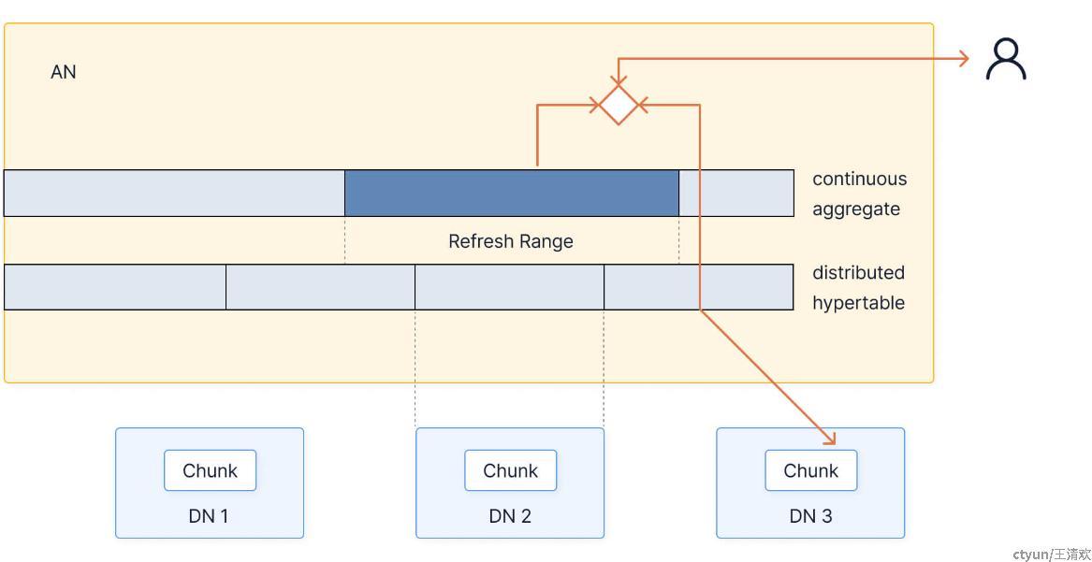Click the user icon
point(1006,60)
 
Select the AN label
point(64,72)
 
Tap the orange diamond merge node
point(618,105)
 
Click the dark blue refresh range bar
point(512,193)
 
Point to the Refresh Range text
point(511,241)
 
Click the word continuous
point(859,179)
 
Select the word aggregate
point(856,209)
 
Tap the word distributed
point(858,272)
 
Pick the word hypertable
point(858,303)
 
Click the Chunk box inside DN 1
point(211,470)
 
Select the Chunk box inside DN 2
point(511,470)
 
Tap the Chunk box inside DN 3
point(810,470)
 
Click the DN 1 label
point(209,516)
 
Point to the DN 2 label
point(510,516)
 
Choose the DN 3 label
point(810,516)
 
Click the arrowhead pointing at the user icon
point(964,59)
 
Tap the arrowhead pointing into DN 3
point(829,438)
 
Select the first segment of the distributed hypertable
point(115,286)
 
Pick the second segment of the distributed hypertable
point(320,286)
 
